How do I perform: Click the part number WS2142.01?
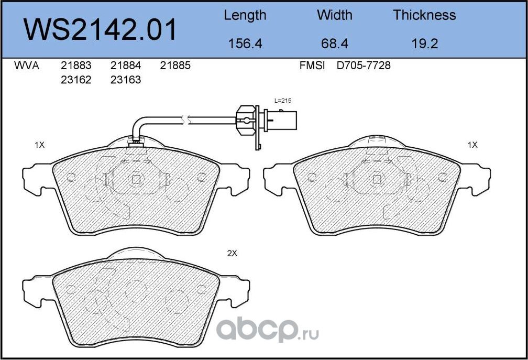click(100, 30)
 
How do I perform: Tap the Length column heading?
click(245, 16)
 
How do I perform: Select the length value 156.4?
click(245, 43)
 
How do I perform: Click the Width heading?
click(334, 15)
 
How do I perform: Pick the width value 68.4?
click(334, 43)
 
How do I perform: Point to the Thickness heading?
click(424, 15)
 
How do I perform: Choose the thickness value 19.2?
click(425, 43)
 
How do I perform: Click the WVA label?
click(27, 66)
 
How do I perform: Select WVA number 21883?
click(76, 66)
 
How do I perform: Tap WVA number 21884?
click(126, 66)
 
